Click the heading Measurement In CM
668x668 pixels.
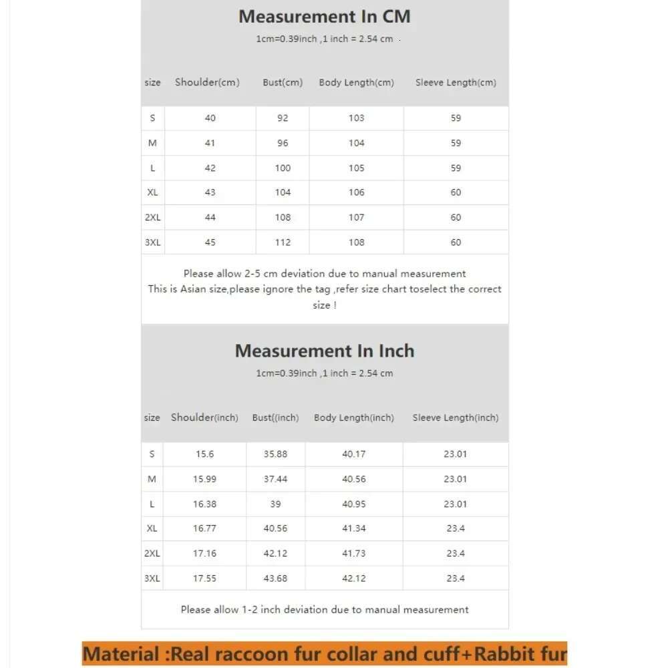[x=325, y=16]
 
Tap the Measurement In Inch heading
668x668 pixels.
[x=325, y=351]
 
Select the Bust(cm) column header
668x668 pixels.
[x=283, y=83]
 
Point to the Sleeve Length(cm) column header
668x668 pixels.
[x=456, y=83]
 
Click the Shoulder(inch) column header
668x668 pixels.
[x=204, y=417]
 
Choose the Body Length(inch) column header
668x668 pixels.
[x=354, y=417]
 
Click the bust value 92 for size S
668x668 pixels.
[x=283, y=118]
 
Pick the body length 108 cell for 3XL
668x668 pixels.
[x=357, y=242]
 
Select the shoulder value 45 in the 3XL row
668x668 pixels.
[x=210, y=242]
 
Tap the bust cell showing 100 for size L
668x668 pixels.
[x=283, y=168]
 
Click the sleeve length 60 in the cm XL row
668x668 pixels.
[x=456, y=192]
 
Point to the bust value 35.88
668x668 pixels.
[x=275, y=454]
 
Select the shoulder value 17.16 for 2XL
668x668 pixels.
[x=204, y=554]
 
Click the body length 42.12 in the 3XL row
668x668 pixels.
[x=354, y=578]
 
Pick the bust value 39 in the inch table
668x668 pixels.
[x=275, y=504]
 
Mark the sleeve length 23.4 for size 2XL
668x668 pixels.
[x=456, y=554]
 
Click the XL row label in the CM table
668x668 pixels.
[x=152, y=192]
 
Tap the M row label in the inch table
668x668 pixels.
[x=152, y=479]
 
